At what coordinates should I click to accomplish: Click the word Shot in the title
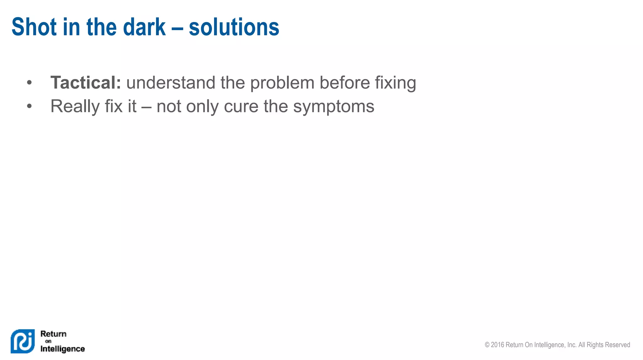[x=34, y=27]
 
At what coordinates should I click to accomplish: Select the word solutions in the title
[x=234, y=27]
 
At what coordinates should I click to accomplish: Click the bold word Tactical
[x=85, y=83]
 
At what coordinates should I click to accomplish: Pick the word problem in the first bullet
[x=282, y=83]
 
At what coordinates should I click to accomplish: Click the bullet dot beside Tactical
[x=29, y=83]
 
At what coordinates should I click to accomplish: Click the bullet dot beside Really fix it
[x=29, y=106]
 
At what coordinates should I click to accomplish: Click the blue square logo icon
[x=23, y=341]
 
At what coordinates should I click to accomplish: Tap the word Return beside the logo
[x=53, y=334]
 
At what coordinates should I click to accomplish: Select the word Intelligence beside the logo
[x=62, y=349]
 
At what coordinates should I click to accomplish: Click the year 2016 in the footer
[x=497, y=345]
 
